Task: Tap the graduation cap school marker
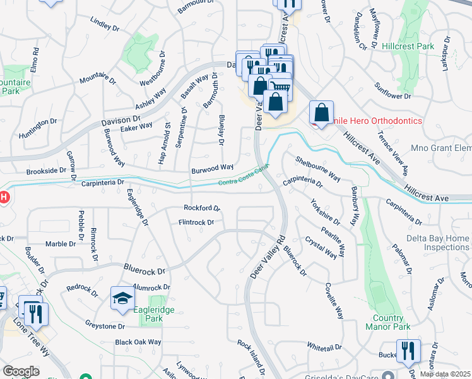(x=122, y=299)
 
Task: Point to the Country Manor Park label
(x=387, y=322)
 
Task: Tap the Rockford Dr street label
(x=201, y=207)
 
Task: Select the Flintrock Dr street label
(x=196, y=222)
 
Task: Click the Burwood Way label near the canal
(x=213, y=167)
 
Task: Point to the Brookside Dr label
(x=46, y=171)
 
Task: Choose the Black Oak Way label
(x=138, y=342)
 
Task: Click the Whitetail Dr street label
(x=324, y=347)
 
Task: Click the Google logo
(x=21, y=371)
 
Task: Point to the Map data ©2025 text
(x=445, y=374)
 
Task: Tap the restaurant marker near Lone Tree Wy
(x=34, y=312)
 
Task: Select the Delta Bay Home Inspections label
(x=437, y=243)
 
